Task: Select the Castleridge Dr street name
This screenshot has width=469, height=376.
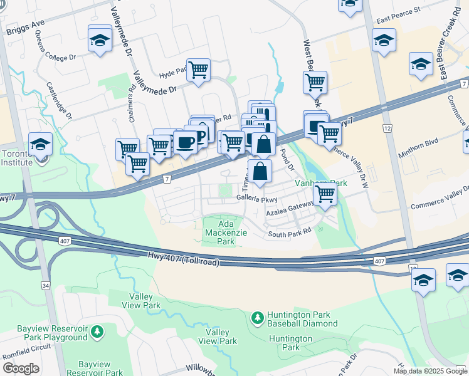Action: point(60,100)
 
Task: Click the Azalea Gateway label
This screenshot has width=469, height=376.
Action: point(290,213)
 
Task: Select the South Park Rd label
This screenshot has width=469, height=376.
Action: point(290,232)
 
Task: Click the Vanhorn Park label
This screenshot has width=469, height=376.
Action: point(321,184)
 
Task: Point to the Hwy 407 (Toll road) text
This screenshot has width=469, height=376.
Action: point(184,258)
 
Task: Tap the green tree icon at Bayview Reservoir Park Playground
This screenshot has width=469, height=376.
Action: point(97,330)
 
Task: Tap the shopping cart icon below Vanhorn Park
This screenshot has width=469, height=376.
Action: point(325,194)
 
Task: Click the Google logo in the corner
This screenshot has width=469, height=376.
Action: point(20,368)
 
